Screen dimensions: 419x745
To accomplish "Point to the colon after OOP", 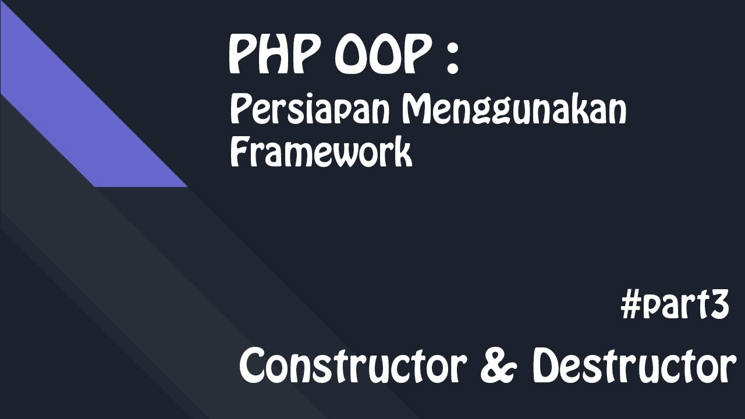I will [452, 58].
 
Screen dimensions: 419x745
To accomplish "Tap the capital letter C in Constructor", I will [254, 367].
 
